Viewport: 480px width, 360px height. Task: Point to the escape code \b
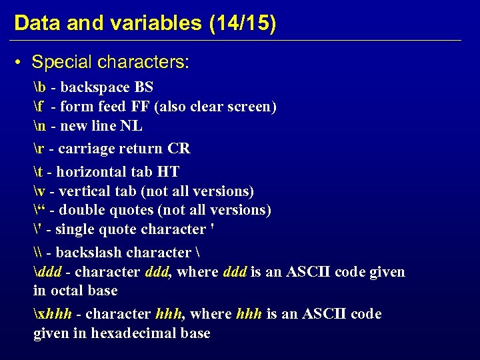pos(39,87)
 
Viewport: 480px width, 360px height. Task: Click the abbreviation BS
pos(143,87)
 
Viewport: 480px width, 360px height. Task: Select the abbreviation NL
pos(133,126)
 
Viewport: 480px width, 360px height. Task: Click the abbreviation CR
pos(179,148)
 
